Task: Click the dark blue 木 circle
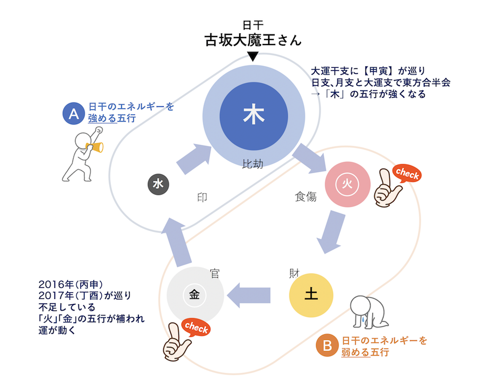click(253, 115)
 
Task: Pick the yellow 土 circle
click(311, 295)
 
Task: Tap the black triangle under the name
click(253, 55)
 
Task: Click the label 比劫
click(253, 165)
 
